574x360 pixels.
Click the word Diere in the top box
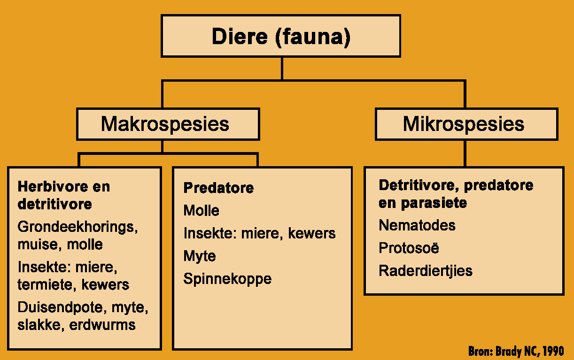(240, 36)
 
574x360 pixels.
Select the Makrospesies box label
(165, 124)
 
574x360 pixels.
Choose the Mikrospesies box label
(463, 124)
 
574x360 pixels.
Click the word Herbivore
(53, 186)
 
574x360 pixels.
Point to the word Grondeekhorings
(78, 227)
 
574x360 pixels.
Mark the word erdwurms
(102, 325)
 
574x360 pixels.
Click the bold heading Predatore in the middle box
(218, 188)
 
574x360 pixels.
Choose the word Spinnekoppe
(227, 279)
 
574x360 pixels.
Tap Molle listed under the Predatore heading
(202, 210)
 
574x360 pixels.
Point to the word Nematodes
(417, 225)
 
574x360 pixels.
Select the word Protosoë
(409, 248)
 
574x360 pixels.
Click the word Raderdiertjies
(426, 271)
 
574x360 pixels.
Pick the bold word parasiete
(434, 203)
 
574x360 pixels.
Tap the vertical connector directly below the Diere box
(282, 69)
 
